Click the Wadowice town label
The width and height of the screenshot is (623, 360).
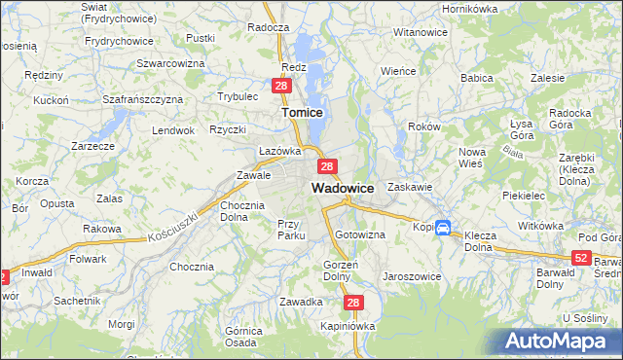pyautogui.click(x=343, y=188)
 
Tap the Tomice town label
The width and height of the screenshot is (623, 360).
pyautogui.click(x=302, y=113)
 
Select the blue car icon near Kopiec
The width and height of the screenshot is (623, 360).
pyautogui.click(x=443, y=229)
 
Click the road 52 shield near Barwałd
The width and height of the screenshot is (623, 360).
pyautogui.click(x=581, y=257)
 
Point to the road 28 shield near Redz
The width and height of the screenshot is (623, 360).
pyautogui.click(x=280, y=87)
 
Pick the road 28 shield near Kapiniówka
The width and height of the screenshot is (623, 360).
pyautogui.click(x=353, y=304)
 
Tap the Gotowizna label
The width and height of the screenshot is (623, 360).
pyautogui.click(x=360, y=235)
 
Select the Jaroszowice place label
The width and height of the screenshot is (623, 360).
pyautogui.click(x=412, y=276)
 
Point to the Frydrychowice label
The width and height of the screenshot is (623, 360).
pyautogui.click(x=119, y=41)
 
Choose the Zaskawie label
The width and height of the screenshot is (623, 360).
pyautogui.click(x=409, y=187)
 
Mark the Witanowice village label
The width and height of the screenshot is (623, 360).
pyautogui.click(x=420, y=32)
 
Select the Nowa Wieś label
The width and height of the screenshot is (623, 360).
pyautogui.click(x=472, y=158)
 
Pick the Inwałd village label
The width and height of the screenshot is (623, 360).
pyautogui.click(x=37, y=273)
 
